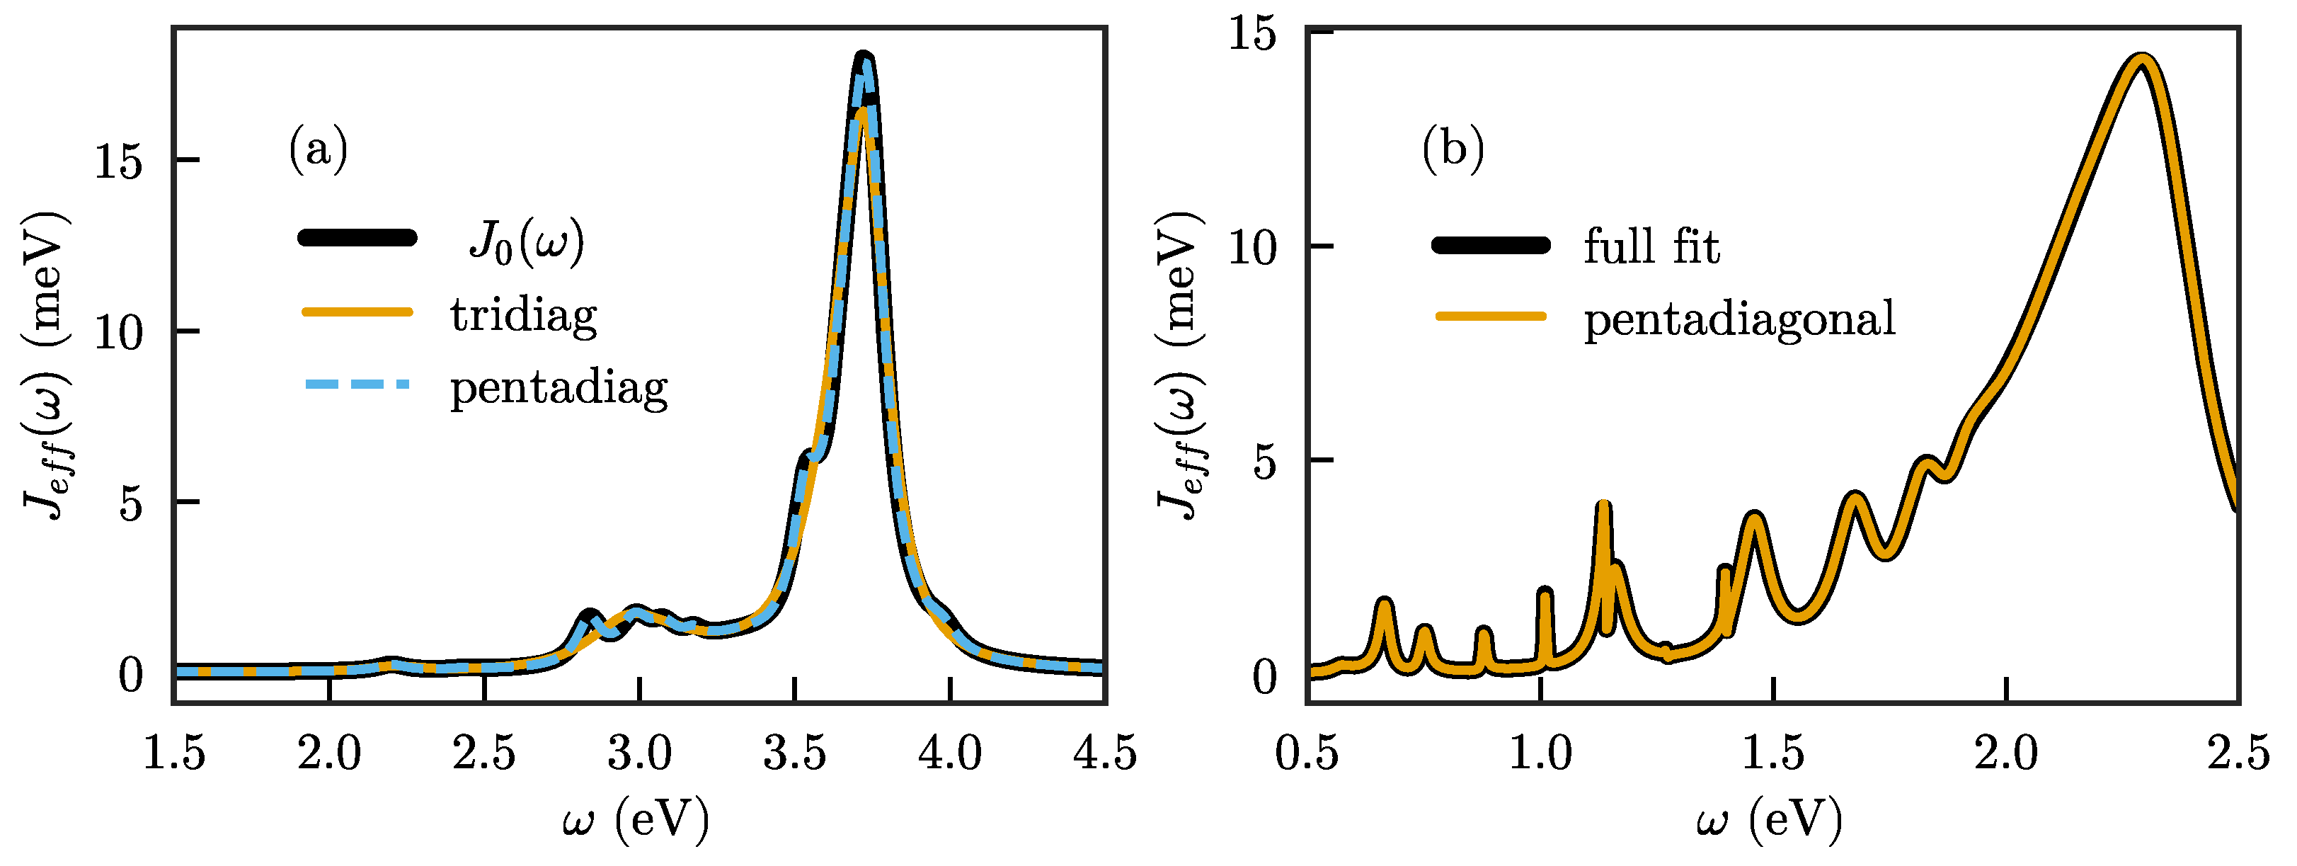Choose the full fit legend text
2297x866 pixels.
tap(1651, 246)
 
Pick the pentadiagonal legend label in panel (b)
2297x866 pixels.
tap(1738, 319)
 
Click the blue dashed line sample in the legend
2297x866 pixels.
tap(357, 384)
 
